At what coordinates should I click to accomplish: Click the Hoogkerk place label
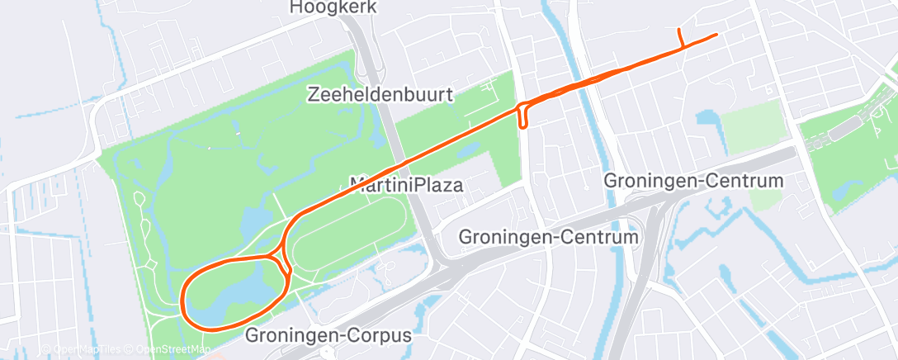point(334,7)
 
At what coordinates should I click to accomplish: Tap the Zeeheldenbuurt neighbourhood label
point(380,94)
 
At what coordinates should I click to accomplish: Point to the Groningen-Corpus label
point(328,337)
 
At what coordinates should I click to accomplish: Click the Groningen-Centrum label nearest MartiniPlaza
point(549,238)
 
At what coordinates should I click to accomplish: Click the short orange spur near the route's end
point(679,39)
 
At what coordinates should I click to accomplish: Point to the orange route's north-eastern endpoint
point(715,34)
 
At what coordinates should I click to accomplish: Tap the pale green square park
point(753,128)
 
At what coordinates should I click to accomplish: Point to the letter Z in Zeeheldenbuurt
point(313,94)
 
